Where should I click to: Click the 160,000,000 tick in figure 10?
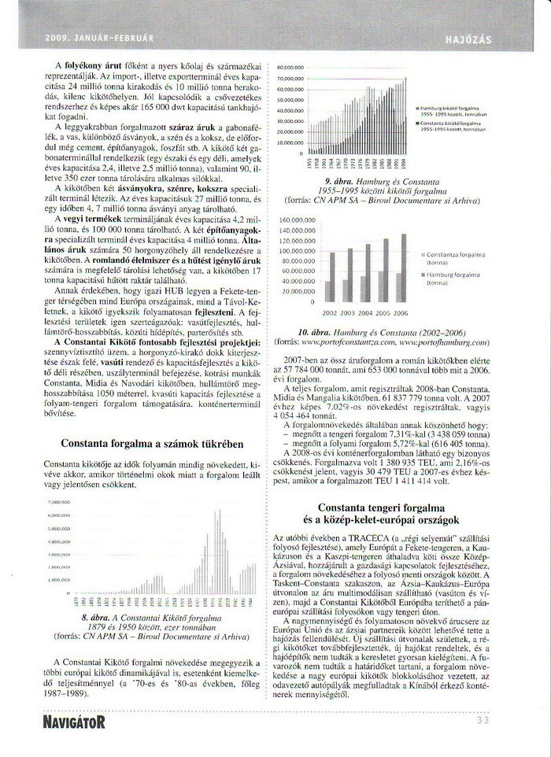pyautogui.click(x=291, y=219)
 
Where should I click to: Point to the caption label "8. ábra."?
pyautogui.click(x=98, y=619)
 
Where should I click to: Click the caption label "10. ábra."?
pyautogui.click(x=313, y=334)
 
